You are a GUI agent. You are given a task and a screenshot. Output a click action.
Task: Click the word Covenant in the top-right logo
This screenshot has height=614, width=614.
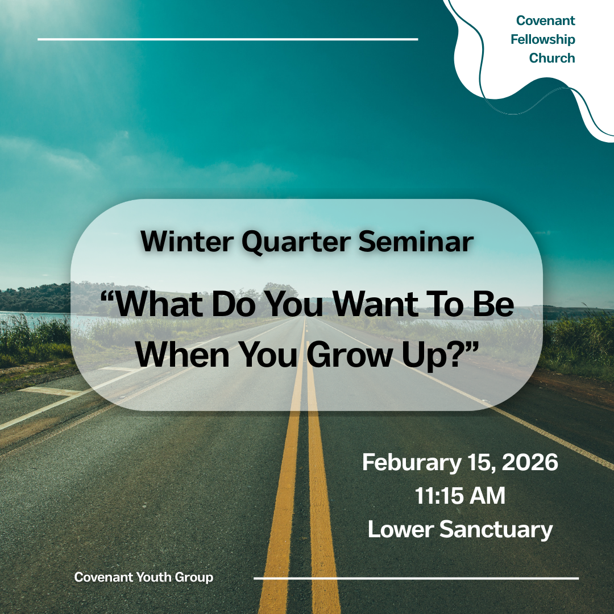(x=545, y=21)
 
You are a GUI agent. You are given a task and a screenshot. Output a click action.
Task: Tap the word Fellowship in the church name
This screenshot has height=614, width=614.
(x=542, y=40)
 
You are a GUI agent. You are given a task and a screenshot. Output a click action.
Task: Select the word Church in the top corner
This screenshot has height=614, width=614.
(x=551, y=58)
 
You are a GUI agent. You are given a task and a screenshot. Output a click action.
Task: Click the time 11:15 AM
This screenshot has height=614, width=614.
(x=460, y=496)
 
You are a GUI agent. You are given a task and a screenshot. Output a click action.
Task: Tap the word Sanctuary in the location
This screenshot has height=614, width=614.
(x=496, y=530)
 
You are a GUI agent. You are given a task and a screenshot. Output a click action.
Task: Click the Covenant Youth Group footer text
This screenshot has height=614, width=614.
(x=144, y=578)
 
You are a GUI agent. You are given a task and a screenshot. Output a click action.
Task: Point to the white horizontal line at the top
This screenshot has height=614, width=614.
(x=227, y=39)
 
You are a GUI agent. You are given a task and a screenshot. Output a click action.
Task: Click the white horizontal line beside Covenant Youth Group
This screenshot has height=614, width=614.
(x=416, y=578)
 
